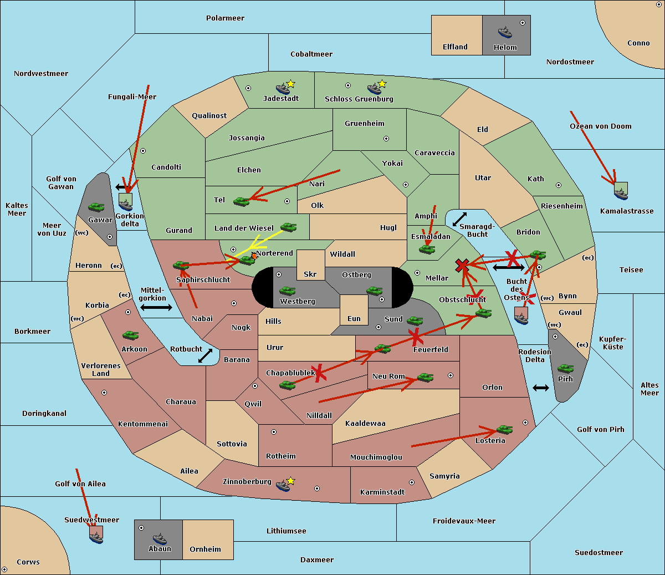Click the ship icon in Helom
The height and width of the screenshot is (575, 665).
click(505, 32)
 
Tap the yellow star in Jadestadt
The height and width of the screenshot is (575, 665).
click(291, 84)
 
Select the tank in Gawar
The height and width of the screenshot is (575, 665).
click(96, 207)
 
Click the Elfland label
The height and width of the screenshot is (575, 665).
click(455, 47)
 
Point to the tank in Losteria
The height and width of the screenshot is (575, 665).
click(504, 429)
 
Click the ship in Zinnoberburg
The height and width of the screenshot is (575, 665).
click(283, 485)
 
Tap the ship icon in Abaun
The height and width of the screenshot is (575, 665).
click(160, 538)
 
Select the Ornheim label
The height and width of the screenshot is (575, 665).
click(205, 549)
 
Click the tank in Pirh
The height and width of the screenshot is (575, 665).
click(565, 368)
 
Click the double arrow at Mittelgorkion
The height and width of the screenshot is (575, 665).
click(156, 307)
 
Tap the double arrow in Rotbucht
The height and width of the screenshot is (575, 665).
click(205, 355)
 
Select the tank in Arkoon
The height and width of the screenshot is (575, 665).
click(130, 335)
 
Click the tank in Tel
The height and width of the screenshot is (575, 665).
click(241, 201)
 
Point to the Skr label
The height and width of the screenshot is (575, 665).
click(310, 274)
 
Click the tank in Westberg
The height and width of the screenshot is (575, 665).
click(287, 291)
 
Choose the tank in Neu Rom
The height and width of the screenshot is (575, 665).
click(425, 378)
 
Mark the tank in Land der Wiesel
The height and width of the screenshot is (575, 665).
click(288, 227)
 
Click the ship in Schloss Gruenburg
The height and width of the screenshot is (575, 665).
click(375, 89)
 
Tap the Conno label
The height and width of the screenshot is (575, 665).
click(638, 43)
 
